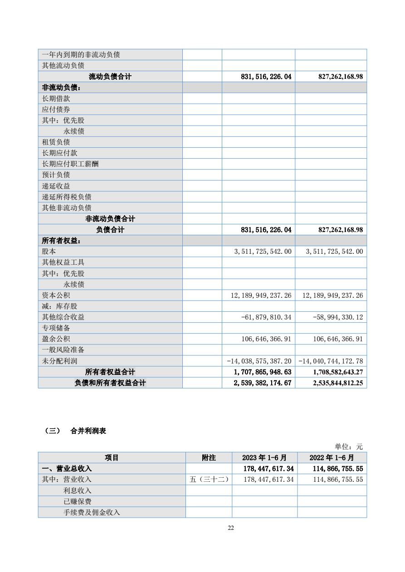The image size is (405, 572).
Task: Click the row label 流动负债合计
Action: point(110,77)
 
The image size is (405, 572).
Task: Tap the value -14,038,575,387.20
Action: point(259,361)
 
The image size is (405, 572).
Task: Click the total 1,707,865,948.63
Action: point(260,372)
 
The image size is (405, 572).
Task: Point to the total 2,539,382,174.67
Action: point(260,383)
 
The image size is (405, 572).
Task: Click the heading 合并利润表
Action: point(88,431)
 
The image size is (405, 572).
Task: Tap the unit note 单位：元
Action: point(349,446)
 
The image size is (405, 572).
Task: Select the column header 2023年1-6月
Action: point(264,458)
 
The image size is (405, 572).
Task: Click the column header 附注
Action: point(209,458)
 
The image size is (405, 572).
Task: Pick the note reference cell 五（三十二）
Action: point(209,480)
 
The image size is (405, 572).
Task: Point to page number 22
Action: point(231,528)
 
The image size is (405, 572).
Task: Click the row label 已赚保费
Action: point(77,501)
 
